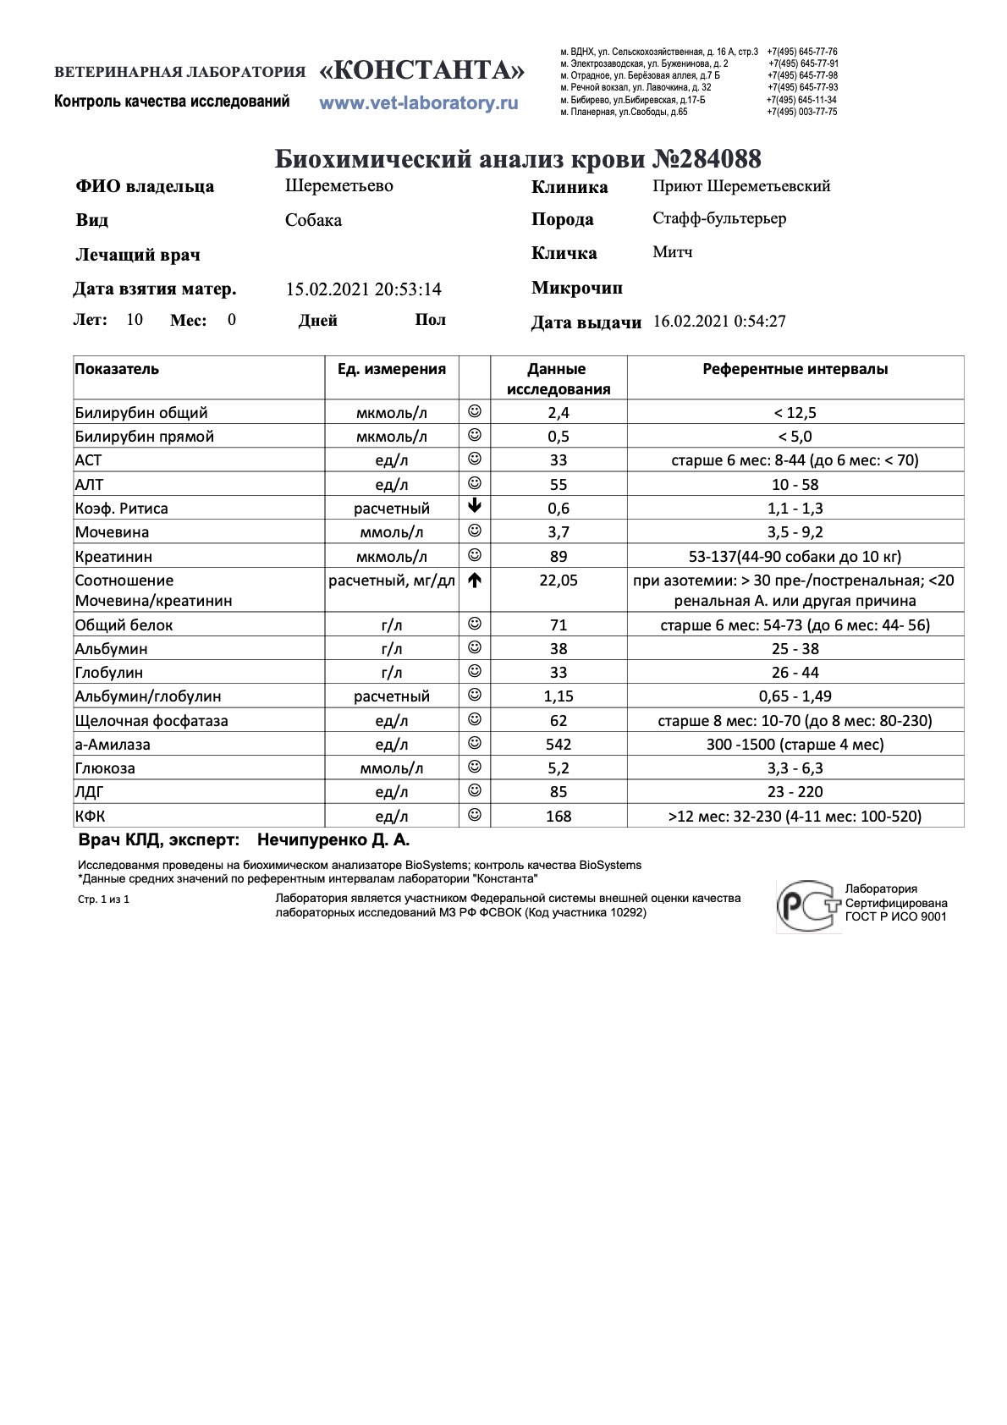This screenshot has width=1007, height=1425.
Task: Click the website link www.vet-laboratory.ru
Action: pyautogui.click(x=418, y=103)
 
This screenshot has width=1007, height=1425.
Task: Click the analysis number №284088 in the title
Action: pyautogui.click(x=707, y=158)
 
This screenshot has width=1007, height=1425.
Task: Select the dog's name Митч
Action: pyautogui.click(x=673, y=252)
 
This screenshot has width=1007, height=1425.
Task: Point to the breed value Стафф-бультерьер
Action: pyautogui.click(x=719, y=218)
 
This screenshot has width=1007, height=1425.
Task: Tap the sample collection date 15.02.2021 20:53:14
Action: pyautogui.click(x=363, y=289)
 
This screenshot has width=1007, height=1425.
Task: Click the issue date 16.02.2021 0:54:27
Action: pyautogui.click(x=719, y=322)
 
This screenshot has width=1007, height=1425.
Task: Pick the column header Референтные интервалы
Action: pyautogui.click(x=795, y=369)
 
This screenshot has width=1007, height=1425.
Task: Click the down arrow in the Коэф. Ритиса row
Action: pyautogui.click(x=475, y=507)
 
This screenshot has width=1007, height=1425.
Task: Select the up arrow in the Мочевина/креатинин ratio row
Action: pyautogui.click(x=475, y=580)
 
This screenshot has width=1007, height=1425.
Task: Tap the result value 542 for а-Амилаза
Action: pyautogui.click(x=559, y=745)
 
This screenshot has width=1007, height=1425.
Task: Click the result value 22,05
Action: pyautogui.click(x=559, y=580)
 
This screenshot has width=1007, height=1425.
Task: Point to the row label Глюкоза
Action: pyautogui.click(x=105, y=768)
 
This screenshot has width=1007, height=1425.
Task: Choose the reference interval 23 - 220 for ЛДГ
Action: pyautogui.click(x=795, y=792)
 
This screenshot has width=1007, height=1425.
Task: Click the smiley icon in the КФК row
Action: pyautogui.click(x=475, y=815)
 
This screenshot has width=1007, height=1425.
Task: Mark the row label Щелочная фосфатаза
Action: pyautogui.click(x=151, y=721)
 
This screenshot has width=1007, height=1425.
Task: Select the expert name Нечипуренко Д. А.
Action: pyautogui.click(x=333, y=840)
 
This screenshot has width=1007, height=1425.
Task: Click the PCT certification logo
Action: pyautogui.click(x=807, y=905)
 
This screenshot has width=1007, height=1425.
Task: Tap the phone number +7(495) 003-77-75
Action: pyautogui.click(x=801, y=112)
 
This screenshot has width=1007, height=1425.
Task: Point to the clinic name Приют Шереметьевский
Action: pyautogui.click(x=741, y=186)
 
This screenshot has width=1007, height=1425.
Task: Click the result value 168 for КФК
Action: pyautogui.click(x=559, y=817)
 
